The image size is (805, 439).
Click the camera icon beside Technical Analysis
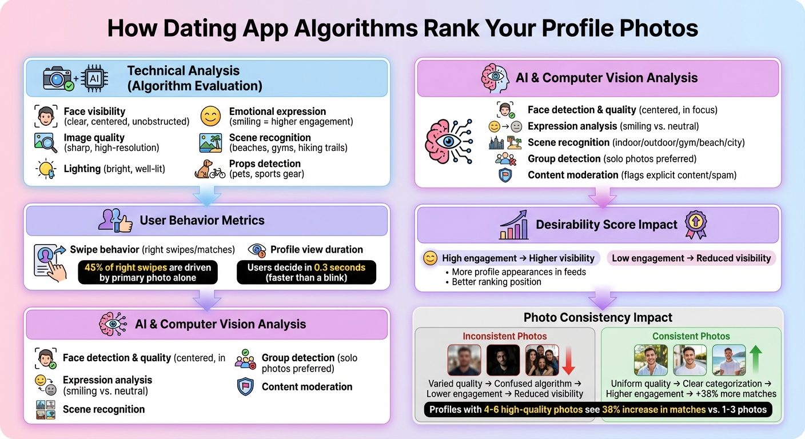58,79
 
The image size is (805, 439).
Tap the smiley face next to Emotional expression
211,116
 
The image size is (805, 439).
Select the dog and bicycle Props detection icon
210,169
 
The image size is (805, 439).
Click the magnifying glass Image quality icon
46,142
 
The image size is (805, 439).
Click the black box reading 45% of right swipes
148,273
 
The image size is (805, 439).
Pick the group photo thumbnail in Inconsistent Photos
541,360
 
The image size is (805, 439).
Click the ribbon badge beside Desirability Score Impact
696,225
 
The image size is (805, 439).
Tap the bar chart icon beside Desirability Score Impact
513,225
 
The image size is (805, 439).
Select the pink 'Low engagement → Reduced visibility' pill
691,258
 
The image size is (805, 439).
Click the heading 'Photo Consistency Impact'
598,318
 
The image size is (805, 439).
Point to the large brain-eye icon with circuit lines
449,142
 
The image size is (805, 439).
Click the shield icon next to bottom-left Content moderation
245,387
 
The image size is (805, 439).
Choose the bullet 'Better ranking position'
496,282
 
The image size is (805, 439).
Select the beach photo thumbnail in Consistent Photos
728,360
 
